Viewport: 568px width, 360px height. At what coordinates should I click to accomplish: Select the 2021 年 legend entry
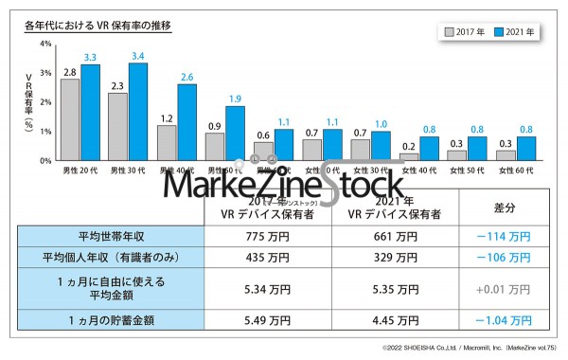click(x=516, y=31)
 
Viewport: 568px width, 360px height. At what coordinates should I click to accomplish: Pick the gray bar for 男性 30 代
click(x=117, y=126)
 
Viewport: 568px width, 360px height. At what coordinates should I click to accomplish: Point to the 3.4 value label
click(x=138, y=56)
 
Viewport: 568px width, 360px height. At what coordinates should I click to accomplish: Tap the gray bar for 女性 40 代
click(x=409, y=156)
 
